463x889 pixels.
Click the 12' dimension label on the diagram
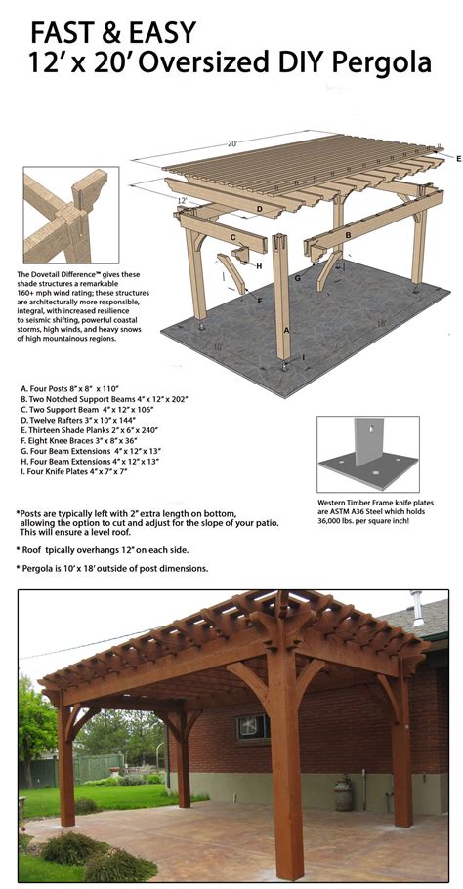tap(182, 200)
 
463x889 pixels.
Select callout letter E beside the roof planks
tap(457, 157)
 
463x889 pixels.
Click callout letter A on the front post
tap(286, 329)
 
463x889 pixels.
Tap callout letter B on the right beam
tap(348, 235)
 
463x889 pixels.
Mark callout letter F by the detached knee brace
tap(259, 301)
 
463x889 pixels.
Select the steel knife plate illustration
tap(369, 454)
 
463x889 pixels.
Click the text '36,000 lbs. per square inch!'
tap(365, 522)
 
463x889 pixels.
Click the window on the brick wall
tap(252, 725)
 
